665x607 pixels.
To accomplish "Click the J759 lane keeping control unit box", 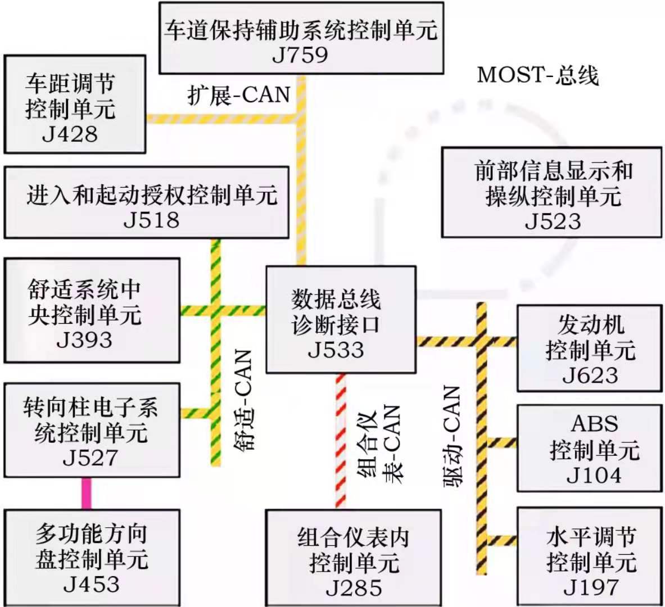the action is [x=301, y=38].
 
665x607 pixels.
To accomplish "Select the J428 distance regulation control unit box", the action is [x=75, y=105].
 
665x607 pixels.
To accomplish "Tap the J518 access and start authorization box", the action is [x=147, y=203].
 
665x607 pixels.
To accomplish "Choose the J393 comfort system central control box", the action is [x=92, y=310].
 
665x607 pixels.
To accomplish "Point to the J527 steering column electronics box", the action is [x=92, y=430].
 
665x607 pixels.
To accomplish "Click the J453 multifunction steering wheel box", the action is [x=92, y=558].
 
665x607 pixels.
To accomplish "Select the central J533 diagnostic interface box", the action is [x=341, y=320].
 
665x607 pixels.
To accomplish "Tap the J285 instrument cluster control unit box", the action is [x=353, y=558].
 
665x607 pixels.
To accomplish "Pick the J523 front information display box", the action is [x=552, y=192].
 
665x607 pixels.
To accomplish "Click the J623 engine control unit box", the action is [x=590, y=348].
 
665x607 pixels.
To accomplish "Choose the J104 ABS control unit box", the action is [x=590, y=448].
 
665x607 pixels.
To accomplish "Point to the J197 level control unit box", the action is [x=590, y=556].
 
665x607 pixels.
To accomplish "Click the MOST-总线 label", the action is [x=538, y=75].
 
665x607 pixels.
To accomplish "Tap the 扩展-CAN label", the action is [x=239, y=94].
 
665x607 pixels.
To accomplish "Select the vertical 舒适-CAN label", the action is [x=243, y=400].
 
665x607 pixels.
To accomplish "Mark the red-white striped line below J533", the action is [x=341, y=441].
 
